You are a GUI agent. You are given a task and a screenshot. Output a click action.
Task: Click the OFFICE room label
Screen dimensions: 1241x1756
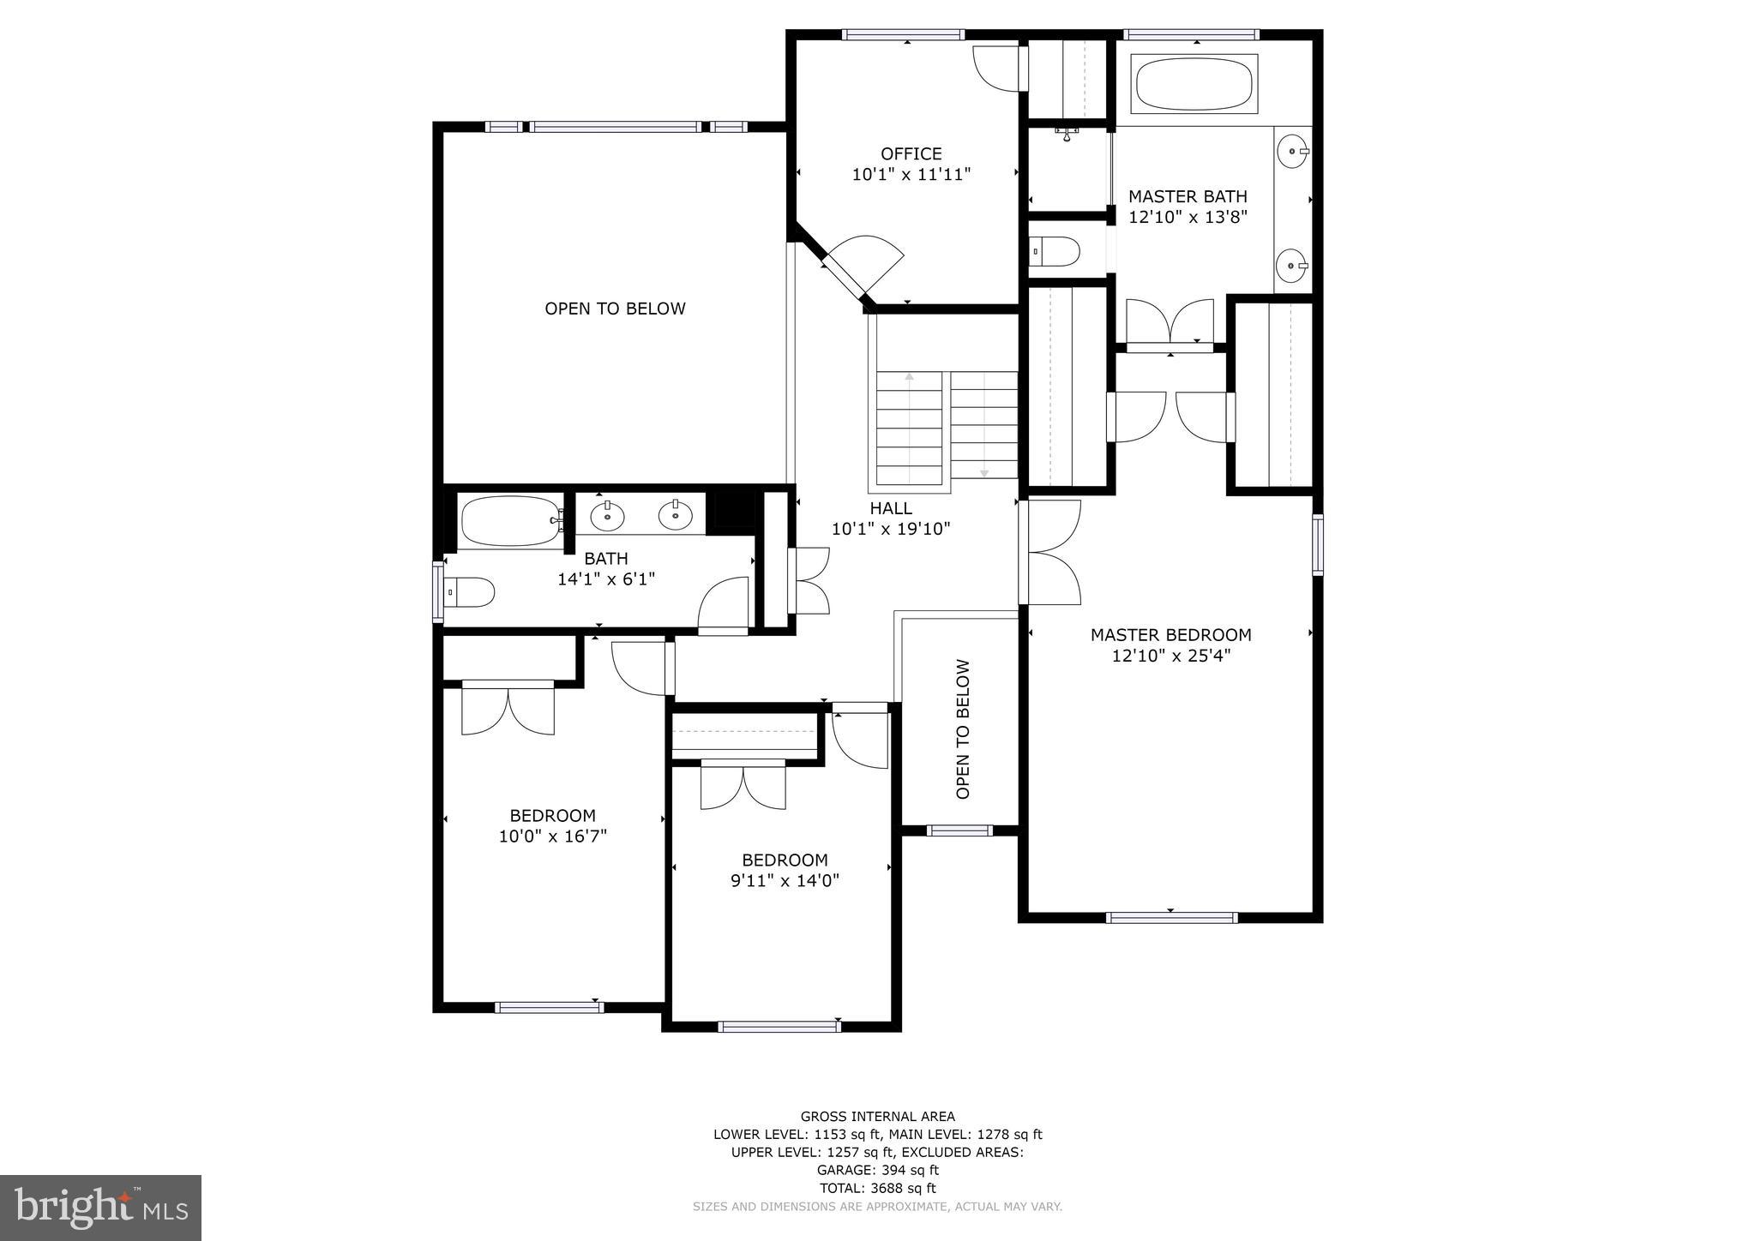pos(911,154)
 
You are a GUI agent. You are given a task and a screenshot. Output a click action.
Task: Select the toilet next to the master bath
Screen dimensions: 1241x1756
pos(1055,252)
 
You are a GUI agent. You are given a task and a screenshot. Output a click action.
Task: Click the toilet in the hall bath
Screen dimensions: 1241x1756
pos(468,592)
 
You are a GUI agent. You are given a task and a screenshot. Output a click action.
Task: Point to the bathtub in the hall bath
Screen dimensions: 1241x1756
pos(509,520)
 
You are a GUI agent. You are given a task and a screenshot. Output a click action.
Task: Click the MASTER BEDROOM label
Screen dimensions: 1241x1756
pos(1170,635)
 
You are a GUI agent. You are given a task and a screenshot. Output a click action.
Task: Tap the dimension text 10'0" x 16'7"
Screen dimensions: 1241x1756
pos(552,836)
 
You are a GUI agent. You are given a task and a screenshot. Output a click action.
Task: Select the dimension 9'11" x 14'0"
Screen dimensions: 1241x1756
pos(785,880)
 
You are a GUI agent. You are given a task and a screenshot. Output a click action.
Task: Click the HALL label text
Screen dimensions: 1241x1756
pos(891,508)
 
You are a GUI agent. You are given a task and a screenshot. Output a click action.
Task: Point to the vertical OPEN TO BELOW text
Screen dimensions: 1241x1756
pos(963,729)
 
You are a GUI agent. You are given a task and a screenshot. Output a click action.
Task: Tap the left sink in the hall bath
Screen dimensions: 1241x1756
pos(607,516)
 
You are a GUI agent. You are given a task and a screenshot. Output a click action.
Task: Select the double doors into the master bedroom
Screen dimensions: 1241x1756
pos(1050,553)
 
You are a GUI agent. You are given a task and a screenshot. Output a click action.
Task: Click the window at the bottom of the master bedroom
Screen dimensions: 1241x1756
pos(1171,917)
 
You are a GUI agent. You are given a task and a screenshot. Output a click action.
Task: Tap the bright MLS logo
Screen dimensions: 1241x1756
pos(100,1208)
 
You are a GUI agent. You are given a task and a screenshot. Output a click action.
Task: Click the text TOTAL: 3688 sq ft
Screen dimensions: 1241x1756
pos(877,1188)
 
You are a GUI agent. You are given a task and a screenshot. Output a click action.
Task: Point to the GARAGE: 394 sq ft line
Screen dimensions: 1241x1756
pos(877,1170)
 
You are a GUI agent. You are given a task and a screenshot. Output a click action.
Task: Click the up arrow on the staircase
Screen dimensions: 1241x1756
pos(909,377)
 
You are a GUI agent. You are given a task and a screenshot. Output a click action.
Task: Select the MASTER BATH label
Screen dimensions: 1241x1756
pos(1187,196)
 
